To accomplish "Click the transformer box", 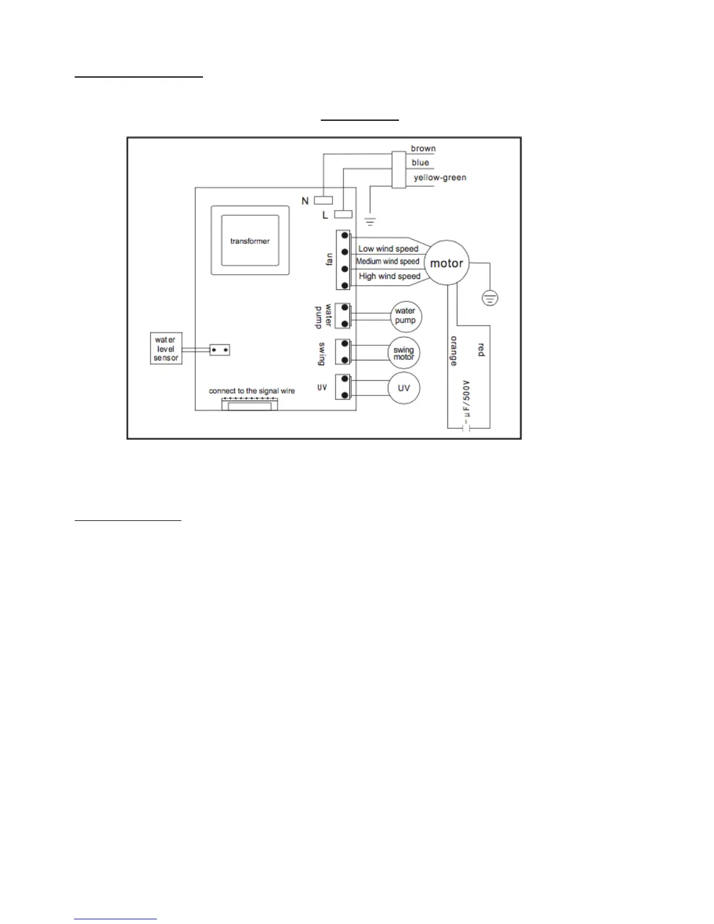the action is (x=250, y=240).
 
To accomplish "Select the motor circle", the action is (x=446, y=263).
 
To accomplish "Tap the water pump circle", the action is (x=405, y=316).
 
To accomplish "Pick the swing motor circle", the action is (x=404, y=353).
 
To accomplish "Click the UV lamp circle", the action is (x=404, y=388).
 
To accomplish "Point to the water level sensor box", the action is (x=166, y=348).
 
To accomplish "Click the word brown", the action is (x=423, y=148).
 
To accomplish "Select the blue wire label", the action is (x=420, y=162).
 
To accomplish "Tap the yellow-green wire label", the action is (x=440, y=177).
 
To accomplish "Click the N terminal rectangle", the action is (x=323, y=200).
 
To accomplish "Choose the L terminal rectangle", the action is (x=343, y=214).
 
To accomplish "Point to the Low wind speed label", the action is (x=388, y=249).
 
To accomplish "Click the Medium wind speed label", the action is (x=387, y=261).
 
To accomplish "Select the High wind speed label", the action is (x=389, y=276).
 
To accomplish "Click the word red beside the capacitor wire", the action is (x=481, y=350).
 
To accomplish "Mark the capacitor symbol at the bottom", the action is (x=466, y=428).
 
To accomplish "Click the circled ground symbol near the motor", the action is (x=490, y=298).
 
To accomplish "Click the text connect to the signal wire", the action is (x=252, y=391).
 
